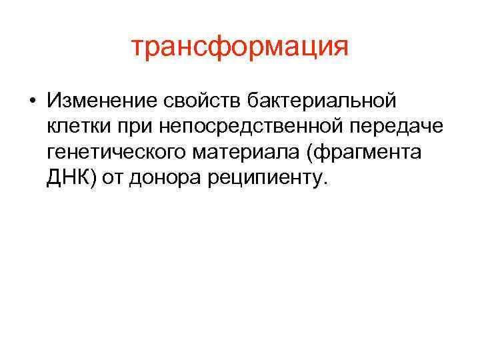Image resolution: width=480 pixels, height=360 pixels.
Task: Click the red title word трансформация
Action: (x=239, y=48)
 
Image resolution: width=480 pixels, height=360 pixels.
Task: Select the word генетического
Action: (x=117, y=153)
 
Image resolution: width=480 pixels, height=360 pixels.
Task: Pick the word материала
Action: (x=246, y=153)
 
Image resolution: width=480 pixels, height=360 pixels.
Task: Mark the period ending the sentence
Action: (x=326, y=184)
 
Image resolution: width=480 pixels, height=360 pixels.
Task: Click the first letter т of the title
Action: (x=137, y=49)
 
